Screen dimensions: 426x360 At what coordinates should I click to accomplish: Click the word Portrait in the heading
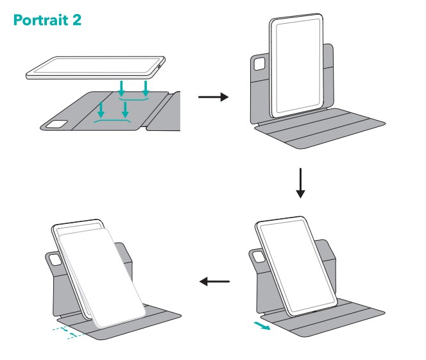41,19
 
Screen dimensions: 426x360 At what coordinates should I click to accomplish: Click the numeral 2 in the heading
77,20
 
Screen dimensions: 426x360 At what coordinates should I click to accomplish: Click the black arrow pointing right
213,97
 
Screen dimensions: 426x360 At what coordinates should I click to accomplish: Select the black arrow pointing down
300,183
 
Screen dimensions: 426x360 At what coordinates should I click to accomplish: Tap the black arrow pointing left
214,282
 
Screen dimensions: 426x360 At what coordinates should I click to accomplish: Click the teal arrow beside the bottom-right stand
262,325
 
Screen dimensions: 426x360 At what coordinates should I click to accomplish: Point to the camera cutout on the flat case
56,124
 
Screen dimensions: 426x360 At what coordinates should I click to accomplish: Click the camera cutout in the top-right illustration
259,64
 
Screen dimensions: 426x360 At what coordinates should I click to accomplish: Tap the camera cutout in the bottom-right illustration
259,257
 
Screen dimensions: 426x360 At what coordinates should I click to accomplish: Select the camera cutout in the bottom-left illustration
55,259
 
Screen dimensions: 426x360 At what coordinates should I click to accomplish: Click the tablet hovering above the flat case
96,67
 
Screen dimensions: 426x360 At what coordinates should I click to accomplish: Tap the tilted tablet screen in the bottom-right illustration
296,266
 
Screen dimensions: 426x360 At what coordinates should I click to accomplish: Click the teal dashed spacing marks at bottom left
67,332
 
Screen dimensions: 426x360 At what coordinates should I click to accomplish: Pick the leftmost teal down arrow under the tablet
101,110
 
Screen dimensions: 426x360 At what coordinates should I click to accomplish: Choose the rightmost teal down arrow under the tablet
146,89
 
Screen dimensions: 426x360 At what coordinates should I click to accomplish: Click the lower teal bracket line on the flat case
112,121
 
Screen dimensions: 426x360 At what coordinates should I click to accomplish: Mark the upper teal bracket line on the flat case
133,99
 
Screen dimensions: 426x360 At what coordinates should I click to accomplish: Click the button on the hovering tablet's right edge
159,66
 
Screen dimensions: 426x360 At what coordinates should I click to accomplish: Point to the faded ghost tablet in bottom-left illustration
102,277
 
